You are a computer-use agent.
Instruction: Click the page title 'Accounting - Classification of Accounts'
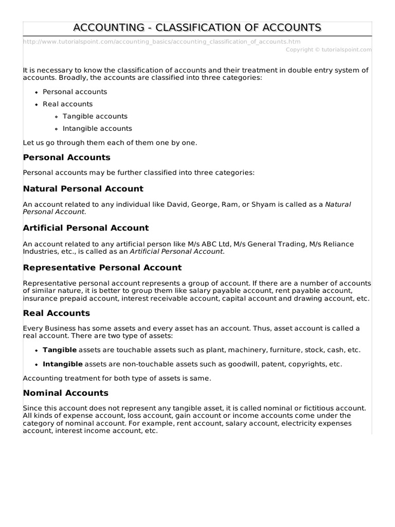coord(197,27)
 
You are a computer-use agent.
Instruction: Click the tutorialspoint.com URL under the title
coord(162,42)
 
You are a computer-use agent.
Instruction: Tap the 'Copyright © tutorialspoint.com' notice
coord(328,50)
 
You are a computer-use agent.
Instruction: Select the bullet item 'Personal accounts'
coord(75,92)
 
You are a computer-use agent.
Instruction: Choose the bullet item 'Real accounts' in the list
coord(67,104)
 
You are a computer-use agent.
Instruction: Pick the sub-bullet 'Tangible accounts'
coord(95,116)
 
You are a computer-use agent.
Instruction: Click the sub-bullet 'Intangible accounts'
coord(97,129)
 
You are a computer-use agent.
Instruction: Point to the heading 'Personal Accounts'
coord(67,157)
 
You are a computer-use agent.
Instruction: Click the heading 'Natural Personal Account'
coord(83,189)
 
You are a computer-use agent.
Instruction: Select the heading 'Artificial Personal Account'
coord(86,228)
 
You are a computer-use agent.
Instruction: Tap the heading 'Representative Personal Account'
coord(102,268)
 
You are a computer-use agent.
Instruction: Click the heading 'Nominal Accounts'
coord(66,393)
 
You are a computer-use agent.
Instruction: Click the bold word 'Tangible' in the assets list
coord(60,350)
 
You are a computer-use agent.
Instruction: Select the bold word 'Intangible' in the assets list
coord(63,364)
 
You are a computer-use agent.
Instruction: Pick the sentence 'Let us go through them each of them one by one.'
coord(110,142)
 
